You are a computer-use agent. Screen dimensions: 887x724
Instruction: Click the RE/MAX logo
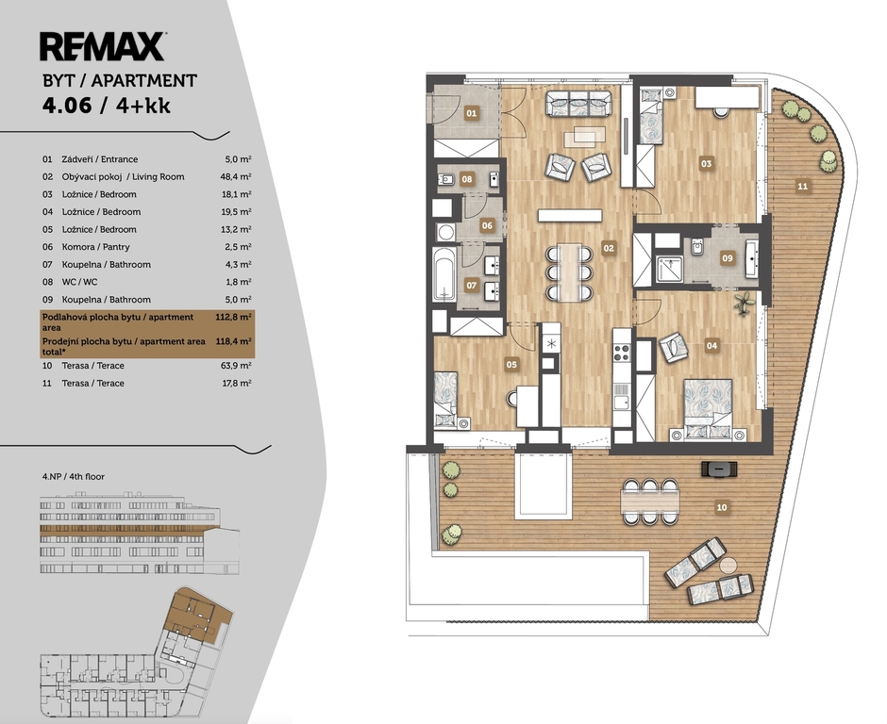click(103, 46)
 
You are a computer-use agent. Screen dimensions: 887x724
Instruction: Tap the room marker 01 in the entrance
click(471, 114)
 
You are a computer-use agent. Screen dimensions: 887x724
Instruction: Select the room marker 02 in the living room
click(608, 248)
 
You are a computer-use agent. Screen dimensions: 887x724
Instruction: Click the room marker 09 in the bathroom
click(727, 258)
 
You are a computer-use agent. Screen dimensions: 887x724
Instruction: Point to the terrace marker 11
click(802, 186)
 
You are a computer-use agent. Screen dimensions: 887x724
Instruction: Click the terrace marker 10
click(721, 507)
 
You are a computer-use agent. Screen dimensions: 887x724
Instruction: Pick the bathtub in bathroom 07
click(444, 274)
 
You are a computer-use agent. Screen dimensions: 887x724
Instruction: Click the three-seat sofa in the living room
click(578, 104)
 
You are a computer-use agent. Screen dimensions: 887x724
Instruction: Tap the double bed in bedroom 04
click(708, 409)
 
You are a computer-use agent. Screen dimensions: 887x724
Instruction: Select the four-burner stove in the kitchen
click(622, 353)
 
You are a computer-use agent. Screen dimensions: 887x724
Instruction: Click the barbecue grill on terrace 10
click(719, 469)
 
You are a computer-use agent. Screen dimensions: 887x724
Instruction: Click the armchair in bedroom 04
click(674, 347)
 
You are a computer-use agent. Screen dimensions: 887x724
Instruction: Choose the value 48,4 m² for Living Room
click(236, 176)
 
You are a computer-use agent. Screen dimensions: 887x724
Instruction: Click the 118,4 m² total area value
click(234, 341)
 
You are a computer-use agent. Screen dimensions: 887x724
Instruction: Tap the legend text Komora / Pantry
click(95, 247)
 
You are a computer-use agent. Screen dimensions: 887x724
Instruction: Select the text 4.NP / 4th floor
click(74, 476)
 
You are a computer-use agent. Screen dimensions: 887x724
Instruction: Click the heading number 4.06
click(67, 106)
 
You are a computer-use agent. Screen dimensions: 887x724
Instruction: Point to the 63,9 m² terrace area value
click(236, 365)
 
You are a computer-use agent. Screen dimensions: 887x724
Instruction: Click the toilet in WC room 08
click(446, 180)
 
